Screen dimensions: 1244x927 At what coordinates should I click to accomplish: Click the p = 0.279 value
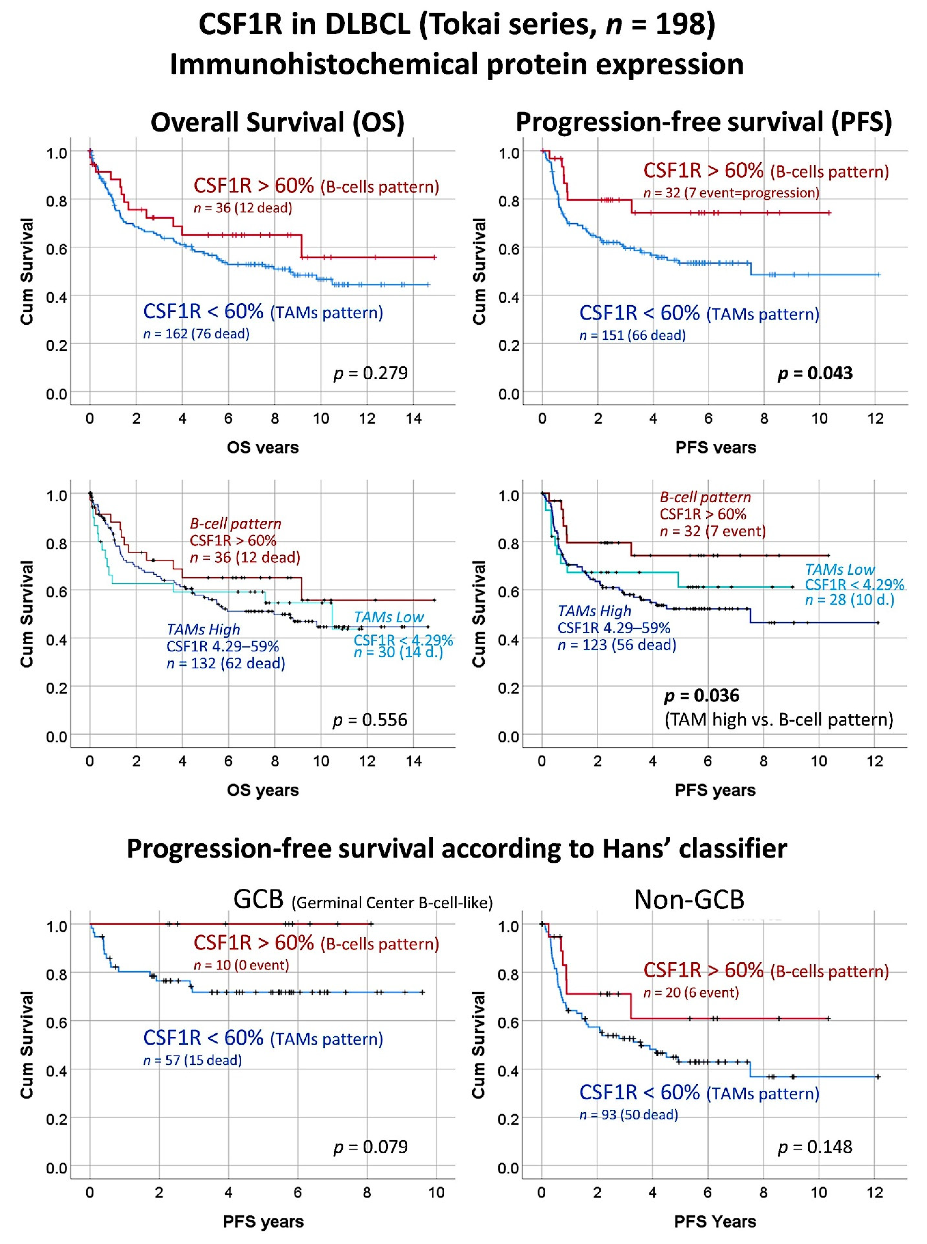point(370,373)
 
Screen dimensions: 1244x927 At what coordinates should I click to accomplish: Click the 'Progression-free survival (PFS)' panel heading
point(704,122)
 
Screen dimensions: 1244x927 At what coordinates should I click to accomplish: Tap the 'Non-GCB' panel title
point(689,900)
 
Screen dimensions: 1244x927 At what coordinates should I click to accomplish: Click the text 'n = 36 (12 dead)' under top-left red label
point(243,208)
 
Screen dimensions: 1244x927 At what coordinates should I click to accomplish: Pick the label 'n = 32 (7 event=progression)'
point(731,193)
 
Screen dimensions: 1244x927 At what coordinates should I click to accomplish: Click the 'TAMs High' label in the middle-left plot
point(203,629)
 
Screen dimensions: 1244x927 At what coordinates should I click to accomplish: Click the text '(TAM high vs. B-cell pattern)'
point(779,720)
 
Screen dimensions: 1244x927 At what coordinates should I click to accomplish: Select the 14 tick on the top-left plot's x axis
point(414,418)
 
